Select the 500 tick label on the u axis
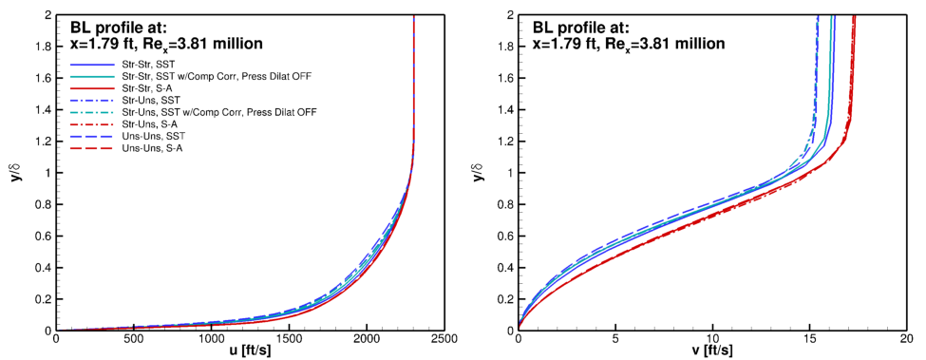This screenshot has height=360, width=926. pyautogui.click(x=135, y=337)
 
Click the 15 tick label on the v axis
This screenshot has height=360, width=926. pyautogui.click(x=809, y=337)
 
